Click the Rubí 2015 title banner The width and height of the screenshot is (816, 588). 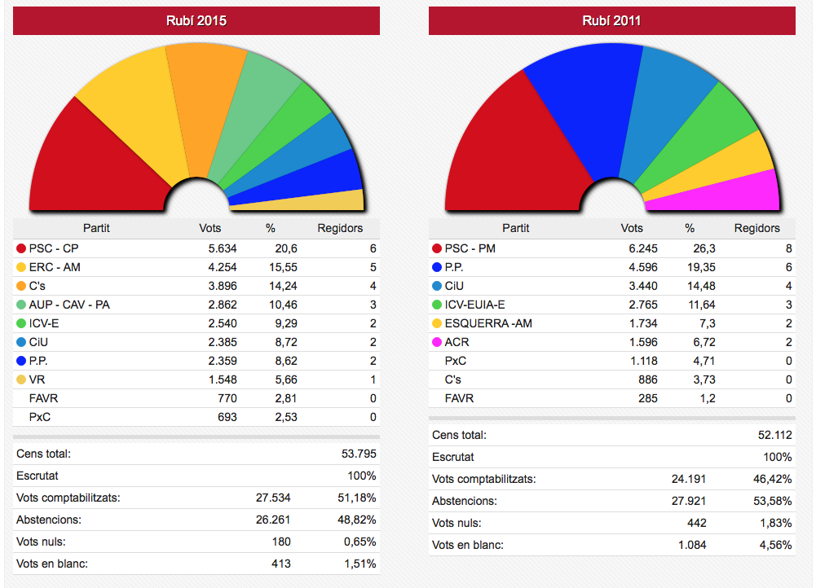(196, 20)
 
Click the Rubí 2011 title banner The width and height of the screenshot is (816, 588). (611, 20)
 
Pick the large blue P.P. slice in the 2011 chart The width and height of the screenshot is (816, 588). (583, 106)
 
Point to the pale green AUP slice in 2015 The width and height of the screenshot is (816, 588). (261, 114)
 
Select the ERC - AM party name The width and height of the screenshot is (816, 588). (55, 267)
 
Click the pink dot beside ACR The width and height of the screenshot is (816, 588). (437, 342)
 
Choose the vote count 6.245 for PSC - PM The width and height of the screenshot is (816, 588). (641, 248)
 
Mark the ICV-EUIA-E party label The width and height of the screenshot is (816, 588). (474, 305)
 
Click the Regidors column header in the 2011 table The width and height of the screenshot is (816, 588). (756, 228)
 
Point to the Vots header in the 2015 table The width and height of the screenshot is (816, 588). (210, 228)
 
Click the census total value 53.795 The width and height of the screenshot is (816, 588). (359, 454)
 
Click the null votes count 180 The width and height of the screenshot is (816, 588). (281, 542)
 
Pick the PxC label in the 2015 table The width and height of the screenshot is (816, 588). (42, 417)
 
